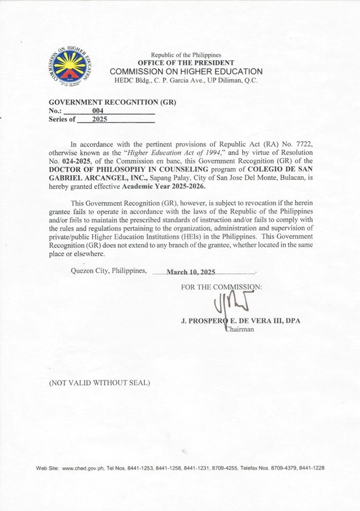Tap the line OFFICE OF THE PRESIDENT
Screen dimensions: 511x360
pyautogui.click(x=186, y=63)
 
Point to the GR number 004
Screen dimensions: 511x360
pyautogui.click(x=98, y=110)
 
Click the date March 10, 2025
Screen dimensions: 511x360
pyautogui.click(x=191, y=273)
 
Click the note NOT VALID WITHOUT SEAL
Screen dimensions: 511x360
pyautogui.click(x=99, y=383)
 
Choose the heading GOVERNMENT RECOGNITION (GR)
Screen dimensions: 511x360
pyautogui.click(x=112, y=102)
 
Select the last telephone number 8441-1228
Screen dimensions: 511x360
pyautogui.click(x=311, y=468)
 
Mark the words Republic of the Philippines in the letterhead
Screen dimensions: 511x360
pyautogui.click(x=186, y=55)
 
